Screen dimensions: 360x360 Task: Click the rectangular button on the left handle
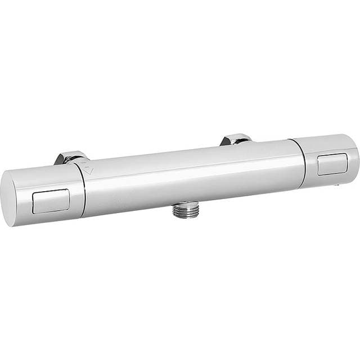(51, 201)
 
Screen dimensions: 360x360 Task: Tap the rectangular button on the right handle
(332, 164)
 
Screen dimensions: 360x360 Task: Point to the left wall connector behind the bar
(71, 157)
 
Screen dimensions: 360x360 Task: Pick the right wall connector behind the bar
(236, 139)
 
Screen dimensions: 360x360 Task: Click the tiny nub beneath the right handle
(336, 184)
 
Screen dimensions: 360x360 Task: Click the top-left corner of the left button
(34, 193)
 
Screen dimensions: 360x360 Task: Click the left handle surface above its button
(48, 177)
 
